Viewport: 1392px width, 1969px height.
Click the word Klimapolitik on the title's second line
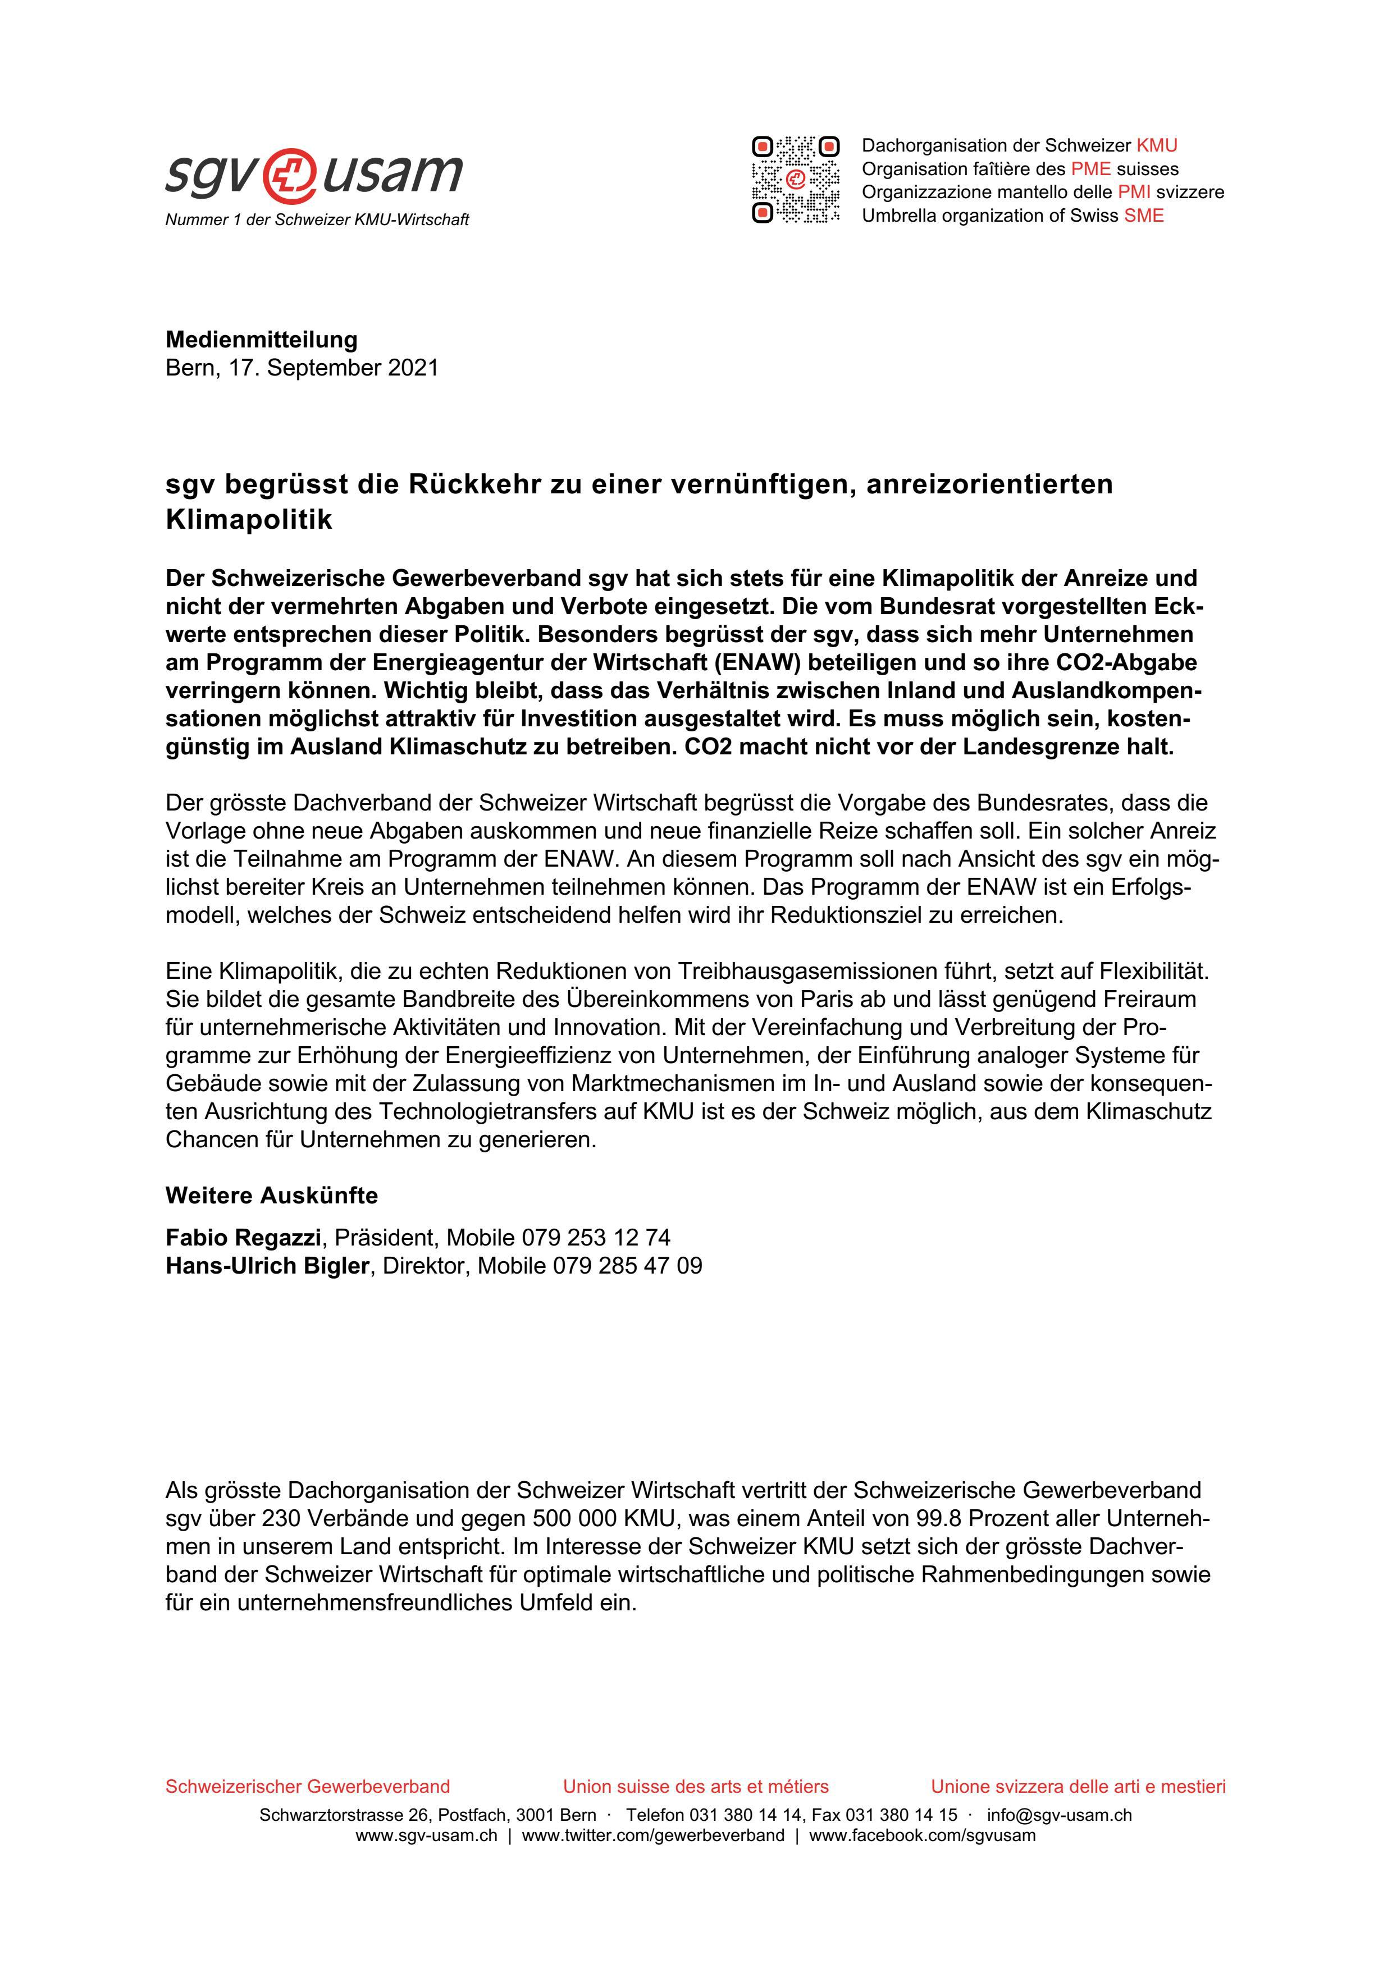(249, 520)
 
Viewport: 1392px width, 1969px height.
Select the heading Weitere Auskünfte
(272, 1196)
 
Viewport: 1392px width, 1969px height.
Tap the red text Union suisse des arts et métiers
(696, 1787)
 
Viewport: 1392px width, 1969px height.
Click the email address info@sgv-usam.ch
(1059, 1815)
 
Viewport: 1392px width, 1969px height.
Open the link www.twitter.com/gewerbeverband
(652, 1835)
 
